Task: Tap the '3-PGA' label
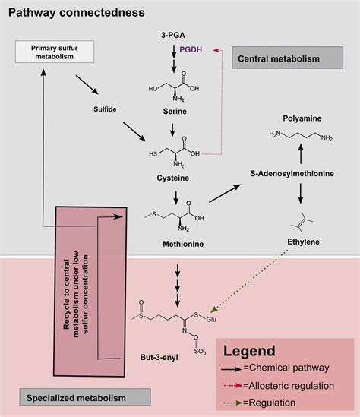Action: (x=174, y=35)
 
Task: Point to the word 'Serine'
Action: (x=175, y=111)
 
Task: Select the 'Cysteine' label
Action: (x=174, y=178)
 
